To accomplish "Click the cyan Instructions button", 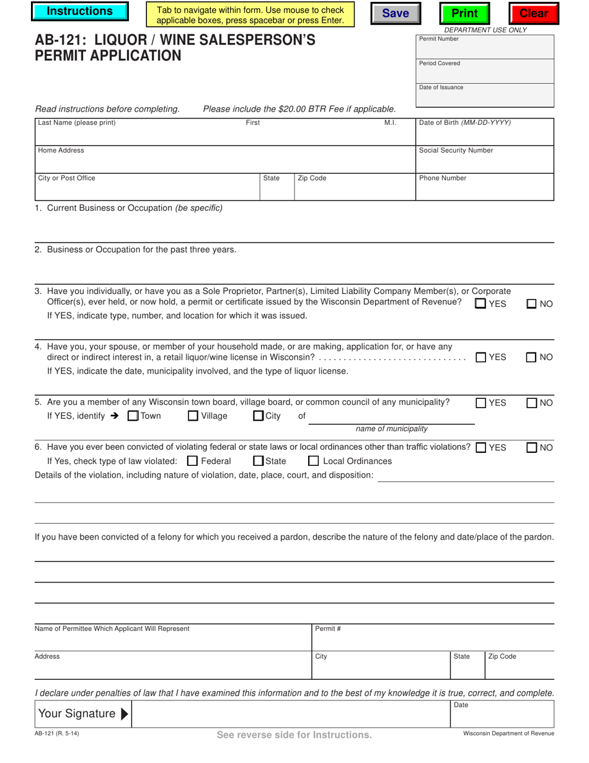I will click(x=80, y=12).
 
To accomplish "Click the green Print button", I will click(x=464, y=14).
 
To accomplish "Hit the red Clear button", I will click(x=533, y=14).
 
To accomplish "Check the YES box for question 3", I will click(x=480, y=304).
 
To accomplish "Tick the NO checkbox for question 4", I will click(x=532, y=357).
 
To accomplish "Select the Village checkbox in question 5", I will click(x=193, y=416).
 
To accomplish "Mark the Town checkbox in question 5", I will click(x=133, y=416).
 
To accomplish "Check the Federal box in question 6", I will click(x=192, y=461).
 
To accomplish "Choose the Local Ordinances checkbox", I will click(x=314, y=461).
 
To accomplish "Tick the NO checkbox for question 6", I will click(x=532, y=448).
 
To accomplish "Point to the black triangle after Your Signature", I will click(x=125, y=714).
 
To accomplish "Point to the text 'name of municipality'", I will click(x=391, y=429).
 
